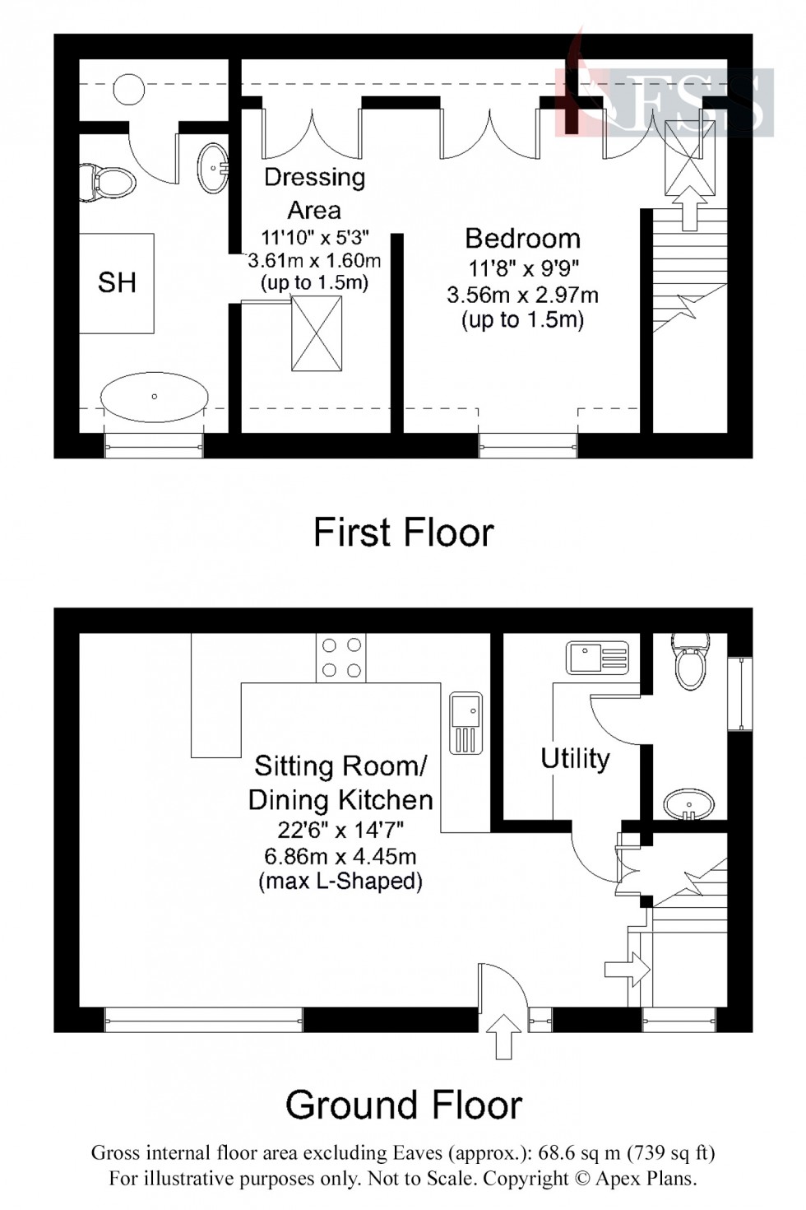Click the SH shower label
pyautogui.click(x=116, y=283)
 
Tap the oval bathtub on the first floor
pyautogui.click(x=154, y=397)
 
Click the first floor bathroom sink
pyautogui.click(x=214, y=168)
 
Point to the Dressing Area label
pyautogui.click(x=314, y=193)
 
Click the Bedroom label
pyautogui.click(x=522, y=239)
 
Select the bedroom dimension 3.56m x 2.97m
pyautogui.click(x=522, y=295)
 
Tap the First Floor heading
pyautogui.click(x=403, y=533)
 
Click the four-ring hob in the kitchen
pyautogui.click(x=340, y=658)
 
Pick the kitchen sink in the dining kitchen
pyautogui.click(x=466, y=724)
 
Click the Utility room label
pyautogui.click(x=575, y=758)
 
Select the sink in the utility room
pyautogui.click(x=597, y=658)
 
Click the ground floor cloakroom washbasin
pyautogui.click(x=688, y=803)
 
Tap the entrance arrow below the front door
pyautogui.click(x=504, y=1035)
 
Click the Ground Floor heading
pyautogui.click(x=403, y=1105)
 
